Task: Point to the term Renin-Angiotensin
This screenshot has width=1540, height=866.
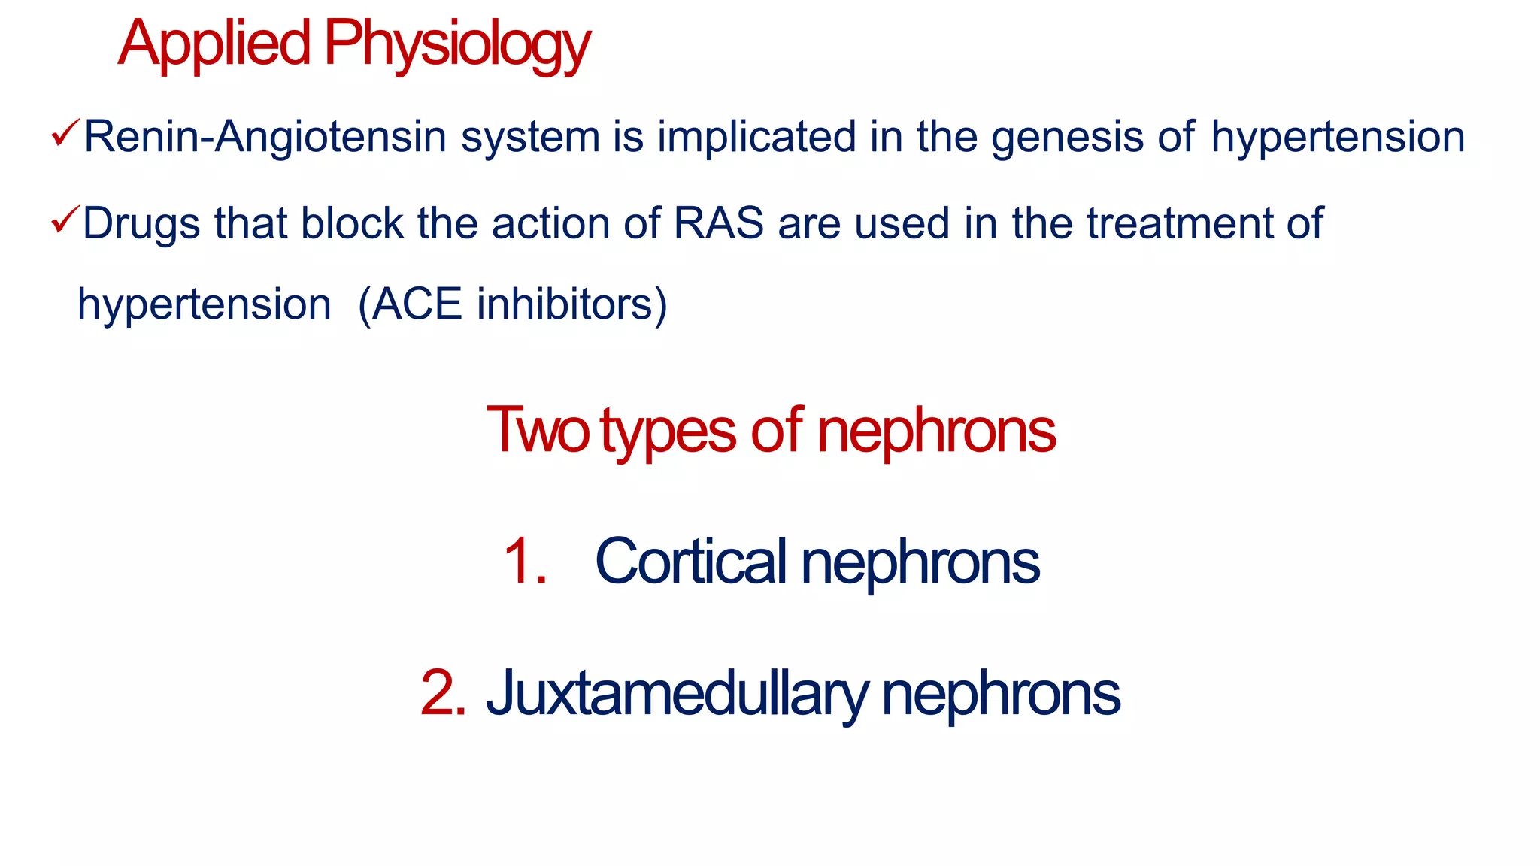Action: (265, 138)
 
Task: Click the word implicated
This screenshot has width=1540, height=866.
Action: (756, 138)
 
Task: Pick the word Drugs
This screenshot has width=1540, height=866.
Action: (141, 224)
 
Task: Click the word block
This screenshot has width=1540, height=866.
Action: (352, 223)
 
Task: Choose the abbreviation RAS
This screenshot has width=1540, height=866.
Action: (719, 223)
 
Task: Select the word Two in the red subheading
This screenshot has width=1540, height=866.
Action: (537, 430)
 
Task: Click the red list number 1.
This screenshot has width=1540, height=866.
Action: (524, 561)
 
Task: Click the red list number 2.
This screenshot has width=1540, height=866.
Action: (443, 692)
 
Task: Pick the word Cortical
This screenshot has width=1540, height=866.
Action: (690, 561)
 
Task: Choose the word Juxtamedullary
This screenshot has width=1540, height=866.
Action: (677, 694)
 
